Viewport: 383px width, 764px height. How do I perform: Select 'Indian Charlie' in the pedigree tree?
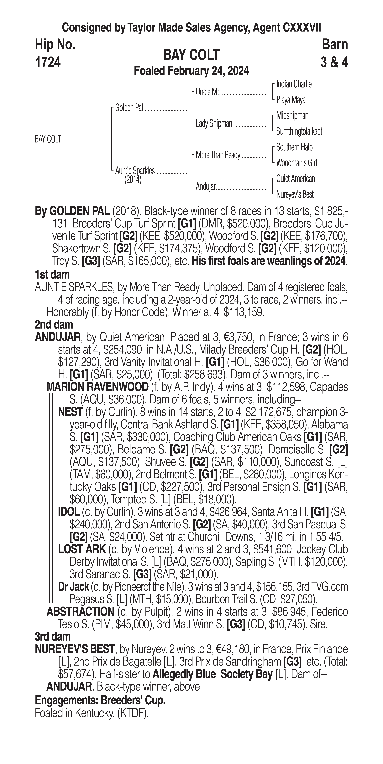coord(294,84)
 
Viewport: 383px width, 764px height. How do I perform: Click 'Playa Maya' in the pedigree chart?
coord(291,100)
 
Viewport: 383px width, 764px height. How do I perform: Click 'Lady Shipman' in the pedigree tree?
coord(214,124)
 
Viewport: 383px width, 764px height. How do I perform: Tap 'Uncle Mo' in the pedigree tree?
coord(208,92)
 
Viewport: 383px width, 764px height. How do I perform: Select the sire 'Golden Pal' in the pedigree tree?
coord(129,108)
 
